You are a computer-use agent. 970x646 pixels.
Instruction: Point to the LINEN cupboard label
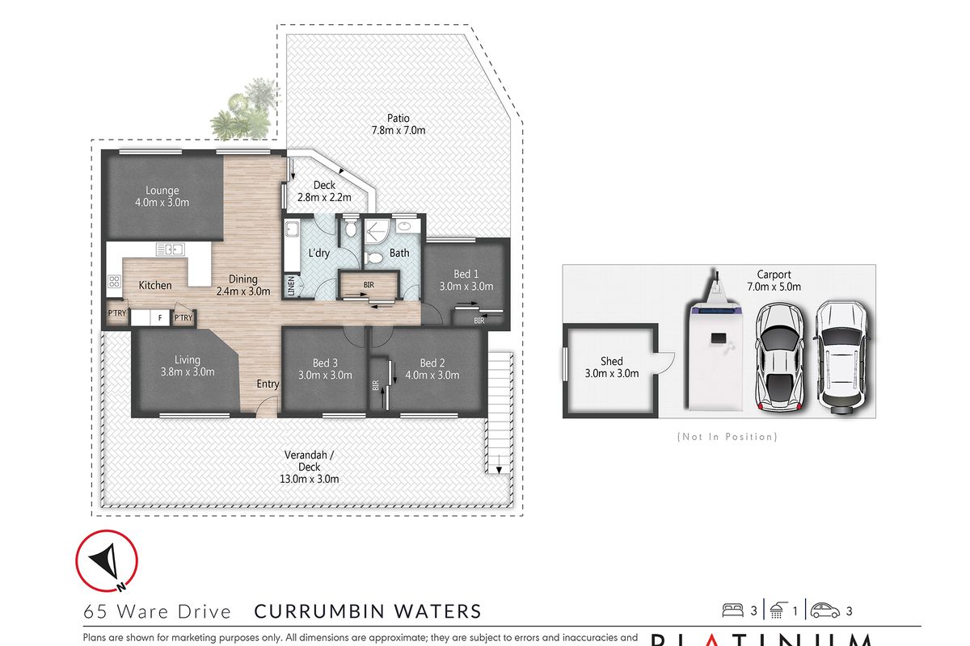click(291, 287)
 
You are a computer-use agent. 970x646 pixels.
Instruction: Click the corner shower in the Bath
click(377, 232)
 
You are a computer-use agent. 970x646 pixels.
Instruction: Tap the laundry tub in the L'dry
click(292, 229)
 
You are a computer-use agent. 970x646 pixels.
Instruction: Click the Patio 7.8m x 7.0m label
click(397, 124)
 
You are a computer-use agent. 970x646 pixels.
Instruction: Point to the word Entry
click(268, 384)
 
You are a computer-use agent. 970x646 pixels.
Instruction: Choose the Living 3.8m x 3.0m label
click(188, 366)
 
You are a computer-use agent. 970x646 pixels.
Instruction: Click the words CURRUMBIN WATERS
click(368, 612)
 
